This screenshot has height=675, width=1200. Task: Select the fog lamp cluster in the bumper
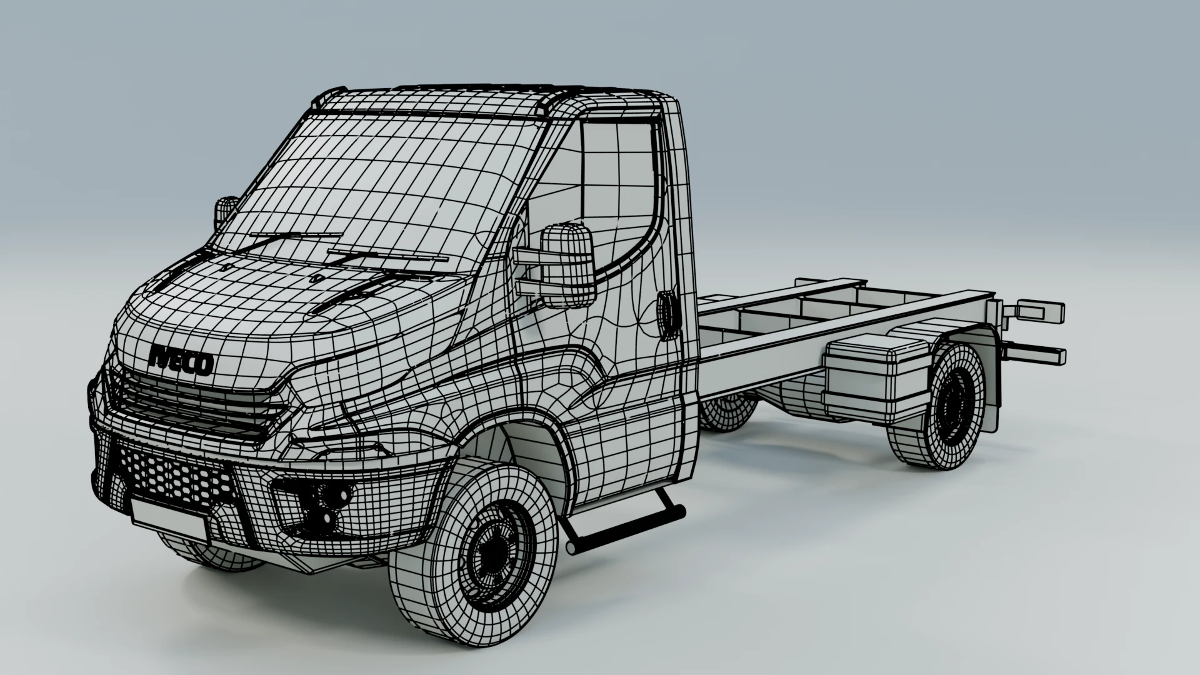point(322,504)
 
